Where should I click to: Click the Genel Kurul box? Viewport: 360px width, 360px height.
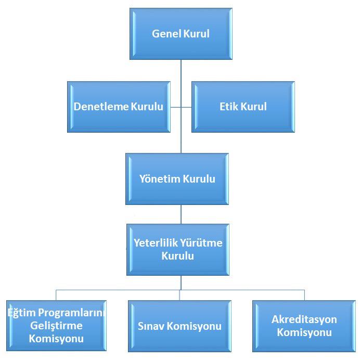(181, 34)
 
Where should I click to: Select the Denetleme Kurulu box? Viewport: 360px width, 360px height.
(119, 107)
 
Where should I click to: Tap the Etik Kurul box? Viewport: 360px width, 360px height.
(243, 107)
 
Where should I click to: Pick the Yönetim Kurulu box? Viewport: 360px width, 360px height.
(177, 179)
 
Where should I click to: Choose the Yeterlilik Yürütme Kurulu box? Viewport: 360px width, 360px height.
(177, 249)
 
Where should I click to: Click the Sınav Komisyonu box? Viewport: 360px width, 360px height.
(179, 326)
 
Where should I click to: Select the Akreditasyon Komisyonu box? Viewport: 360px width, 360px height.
(304, 326)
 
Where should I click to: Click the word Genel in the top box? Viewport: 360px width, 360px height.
(164, 34)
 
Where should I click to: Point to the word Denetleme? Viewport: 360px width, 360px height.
(99, 107)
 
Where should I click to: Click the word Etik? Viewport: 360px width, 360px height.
(229, 107)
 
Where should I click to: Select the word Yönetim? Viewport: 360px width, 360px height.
(159, 179)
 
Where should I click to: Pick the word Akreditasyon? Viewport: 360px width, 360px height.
(304, 319)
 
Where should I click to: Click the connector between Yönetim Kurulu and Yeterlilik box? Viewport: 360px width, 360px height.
(181, 214)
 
